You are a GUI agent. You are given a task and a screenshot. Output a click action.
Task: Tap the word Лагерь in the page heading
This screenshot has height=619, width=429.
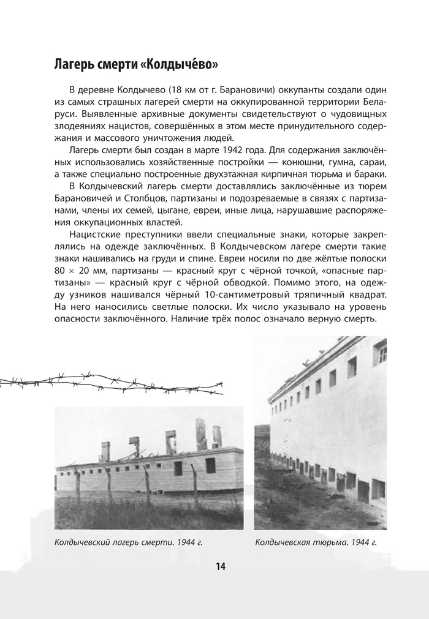point(74,64)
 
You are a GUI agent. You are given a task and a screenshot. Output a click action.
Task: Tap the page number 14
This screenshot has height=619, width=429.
point(220,566)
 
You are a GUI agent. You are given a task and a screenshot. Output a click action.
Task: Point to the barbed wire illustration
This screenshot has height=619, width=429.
point(110,383)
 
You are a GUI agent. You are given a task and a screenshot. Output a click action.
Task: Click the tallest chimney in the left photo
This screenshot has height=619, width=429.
point(200,433)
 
